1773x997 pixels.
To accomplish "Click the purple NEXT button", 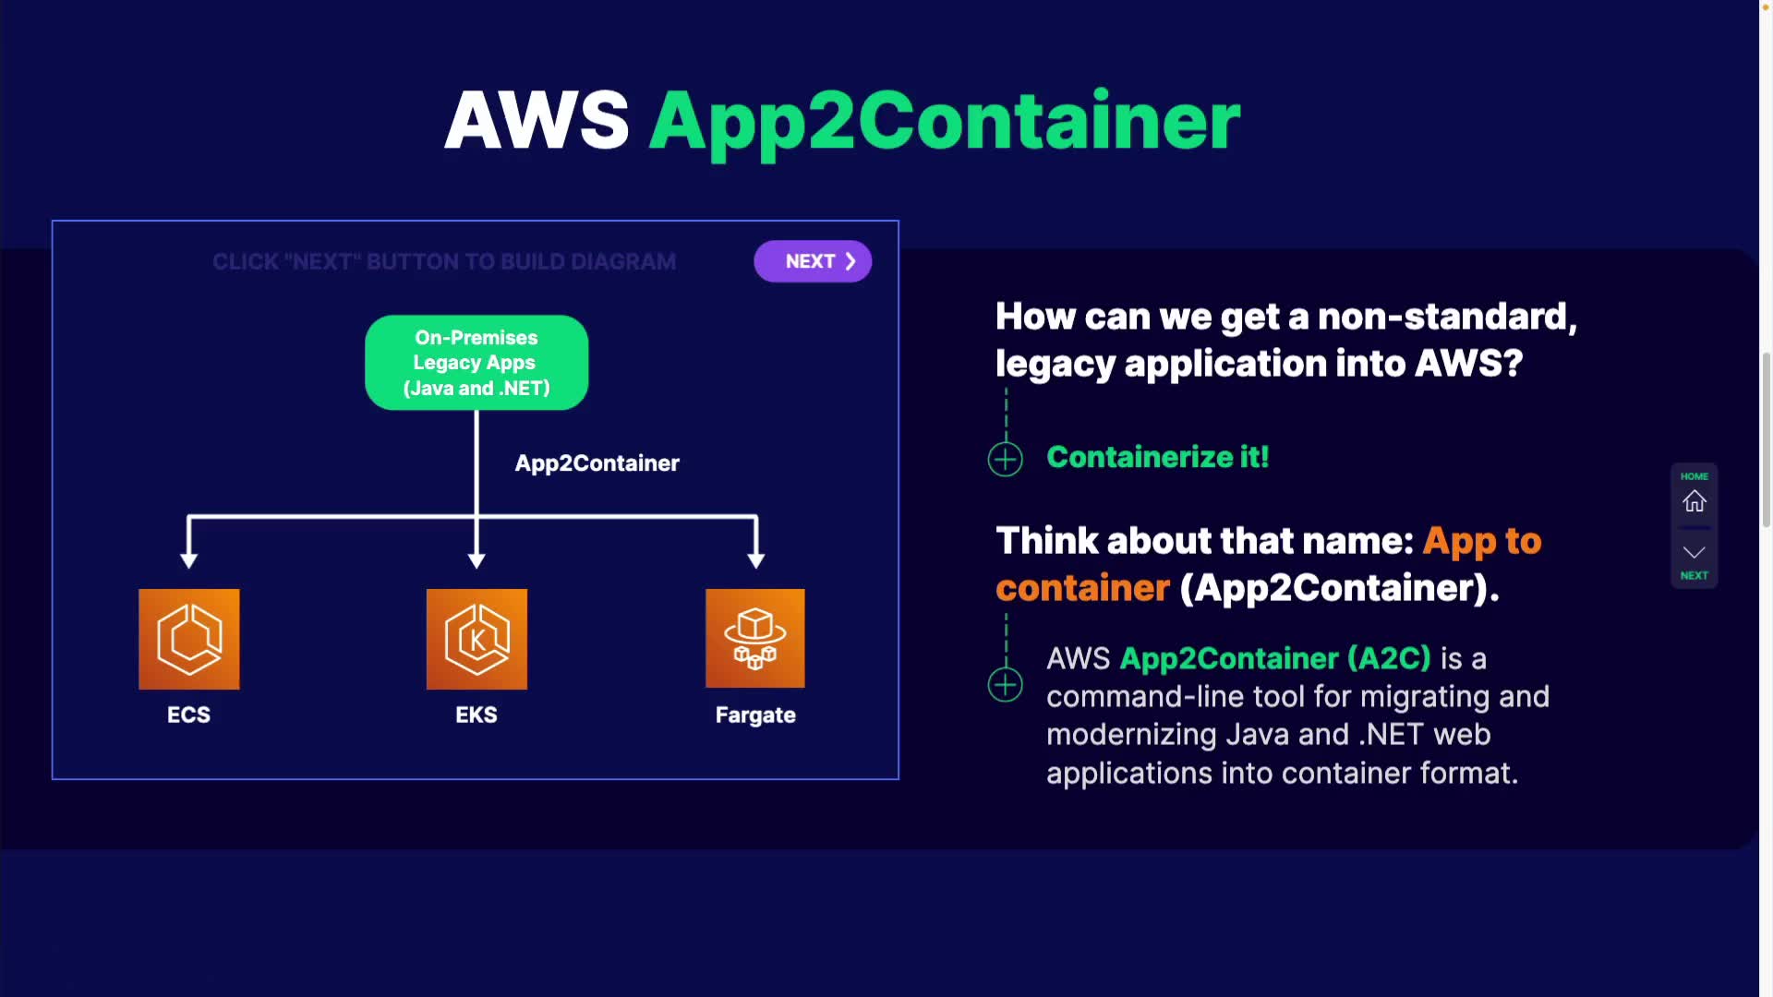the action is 813,261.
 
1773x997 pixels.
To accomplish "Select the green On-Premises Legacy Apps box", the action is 476,363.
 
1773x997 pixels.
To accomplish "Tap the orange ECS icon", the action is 189,639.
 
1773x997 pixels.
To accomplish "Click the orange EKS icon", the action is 476,639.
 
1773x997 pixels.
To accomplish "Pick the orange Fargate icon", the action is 755,638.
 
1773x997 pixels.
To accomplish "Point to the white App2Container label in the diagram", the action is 597,463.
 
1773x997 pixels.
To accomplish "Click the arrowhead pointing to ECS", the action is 189,560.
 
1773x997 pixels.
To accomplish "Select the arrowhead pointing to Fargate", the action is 756,560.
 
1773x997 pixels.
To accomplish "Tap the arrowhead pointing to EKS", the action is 476,560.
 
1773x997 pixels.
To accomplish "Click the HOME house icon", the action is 1695,501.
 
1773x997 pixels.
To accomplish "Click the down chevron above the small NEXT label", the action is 1695,552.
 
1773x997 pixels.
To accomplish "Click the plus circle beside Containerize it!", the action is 1006,459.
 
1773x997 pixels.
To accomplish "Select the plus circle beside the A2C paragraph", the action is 1006,685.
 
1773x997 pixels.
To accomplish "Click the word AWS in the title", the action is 537,120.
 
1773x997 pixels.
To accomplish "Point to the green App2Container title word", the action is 945,123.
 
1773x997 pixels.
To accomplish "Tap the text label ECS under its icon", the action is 188,715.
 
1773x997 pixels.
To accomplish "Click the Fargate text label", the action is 755,715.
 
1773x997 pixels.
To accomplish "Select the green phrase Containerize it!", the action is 1158,457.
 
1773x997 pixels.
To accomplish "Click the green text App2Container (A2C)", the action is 1275,658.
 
